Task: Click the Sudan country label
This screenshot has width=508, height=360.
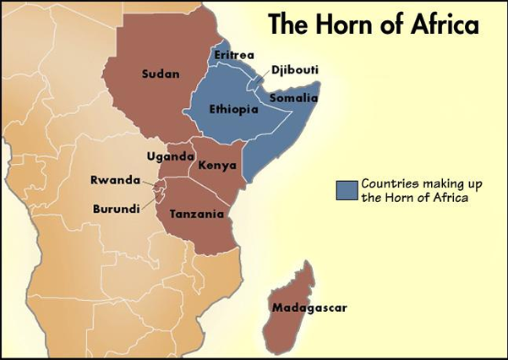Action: point(161,74)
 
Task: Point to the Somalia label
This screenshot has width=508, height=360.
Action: point(292,98)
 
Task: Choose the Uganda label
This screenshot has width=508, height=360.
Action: point(171,156)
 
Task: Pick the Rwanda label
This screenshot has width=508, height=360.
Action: point(116,180)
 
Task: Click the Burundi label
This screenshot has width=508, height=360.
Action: point(117,208)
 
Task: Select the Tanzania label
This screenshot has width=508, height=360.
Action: point(197,214)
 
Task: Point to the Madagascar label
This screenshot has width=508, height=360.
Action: point(309,308)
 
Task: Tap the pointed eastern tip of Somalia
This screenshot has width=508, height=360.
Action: point(319,84)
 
